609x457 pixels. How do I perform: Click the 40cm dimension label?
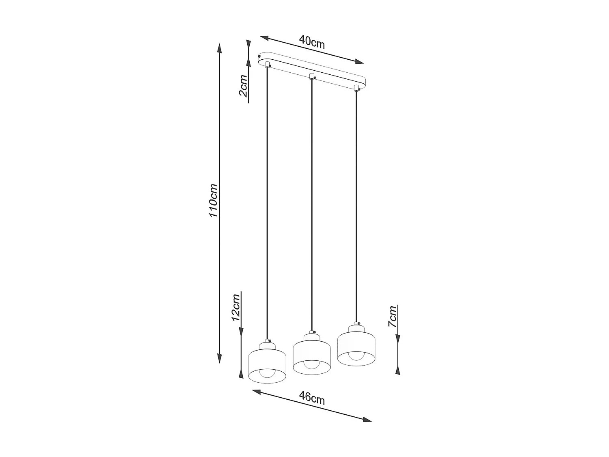312,41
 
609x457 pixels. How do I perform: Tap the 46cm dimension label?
311,397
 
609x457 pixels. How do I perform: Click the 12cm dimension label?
235,307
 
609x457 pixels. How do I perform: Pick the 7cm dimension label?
392,317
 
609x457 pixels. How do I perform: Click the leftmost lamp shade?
267,364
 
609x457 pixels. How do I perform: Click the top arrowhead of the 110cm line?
220,48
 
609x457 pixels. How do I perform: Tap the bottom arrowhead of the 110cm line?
220,358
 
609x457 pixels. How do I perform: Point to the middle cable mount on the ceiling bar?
312,76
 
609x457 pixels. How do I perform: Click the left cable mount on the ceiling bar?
267,65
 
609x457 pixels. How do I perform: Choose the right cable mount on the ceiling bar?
356,88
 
